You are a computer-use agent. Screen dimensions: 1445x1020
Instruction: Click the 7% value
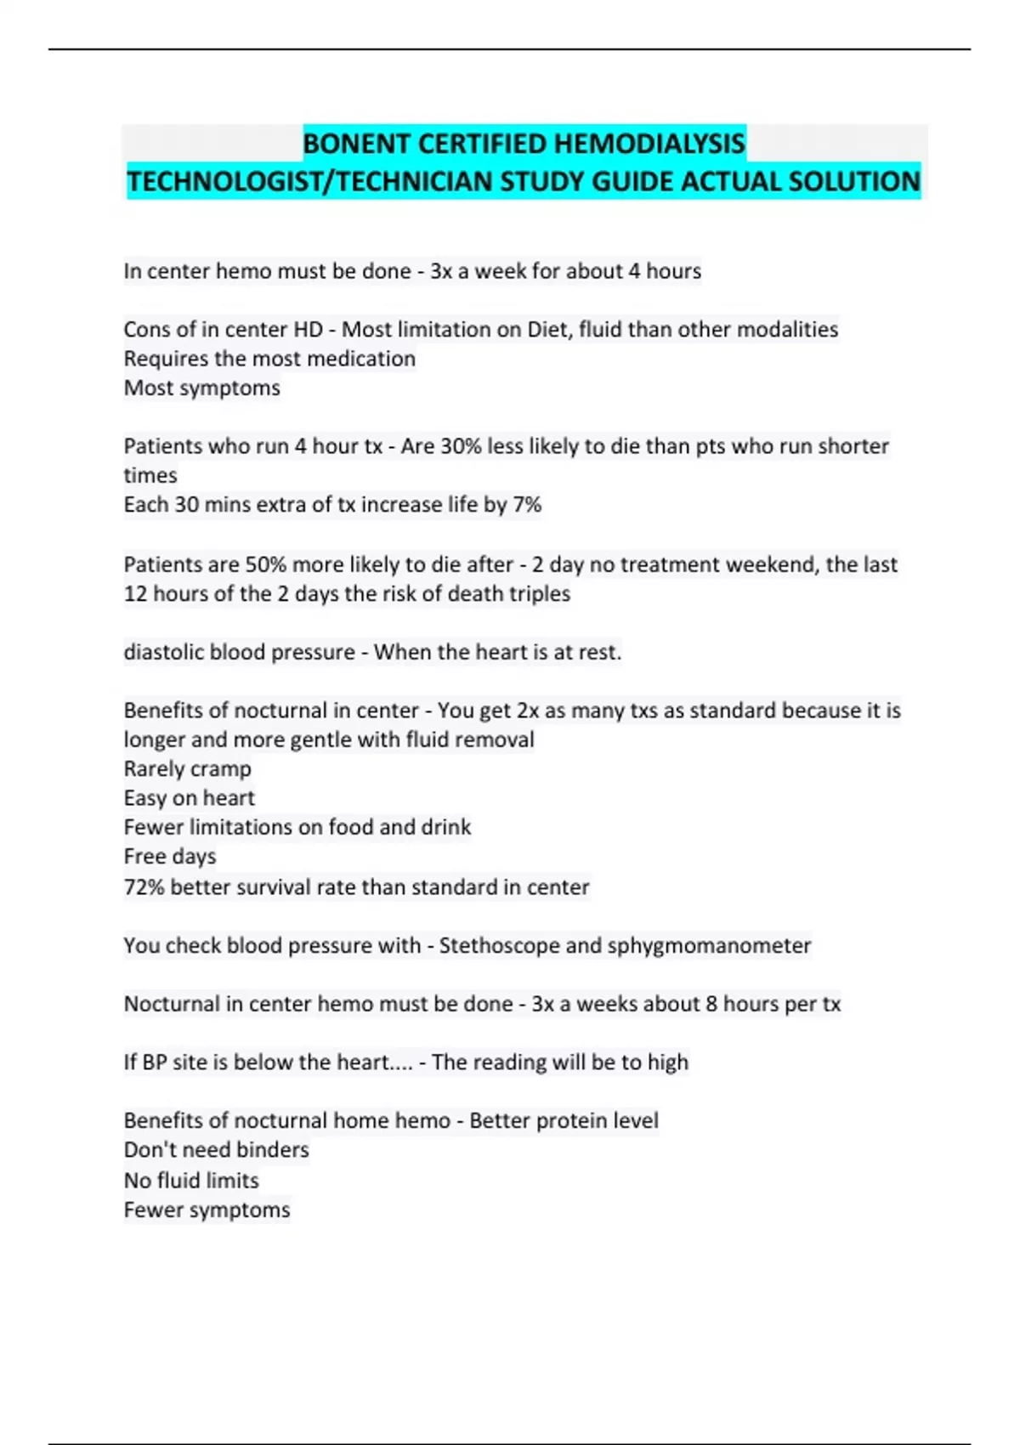tap(527, 505)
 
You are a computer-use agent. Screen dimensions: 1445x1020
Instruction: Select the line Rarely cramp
tap(188, 769)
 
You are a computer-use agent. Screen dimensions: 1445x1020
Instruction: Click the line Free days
tap(170, 857)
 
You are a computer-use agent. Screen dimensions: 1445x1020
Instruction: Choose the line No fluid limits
tap(191, 1181)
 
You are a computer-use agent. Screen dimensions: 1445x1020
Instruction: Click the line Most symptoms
tap(202, 388)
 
